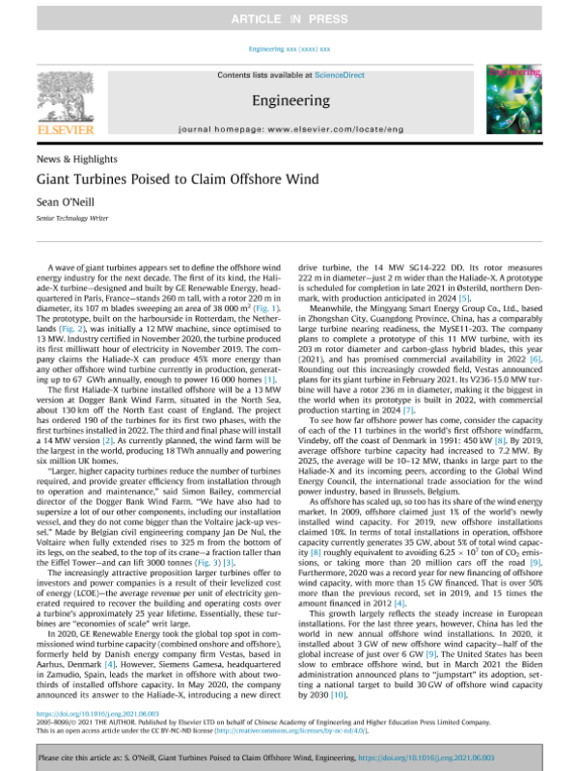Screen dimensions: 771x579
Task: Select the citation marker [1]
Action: (273, 381)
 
